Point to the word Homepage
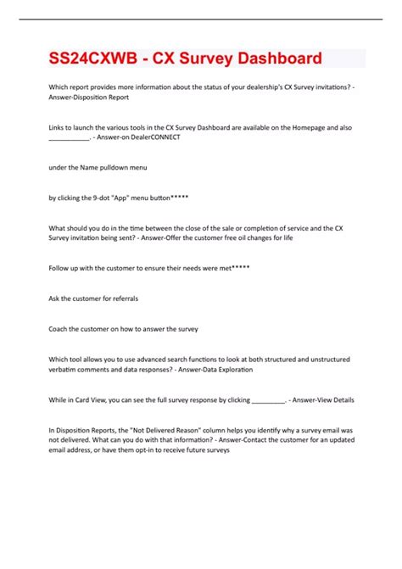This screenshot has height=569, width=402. coord(296,127)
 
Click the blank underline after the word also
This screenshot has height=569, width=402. coord(69,137)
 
